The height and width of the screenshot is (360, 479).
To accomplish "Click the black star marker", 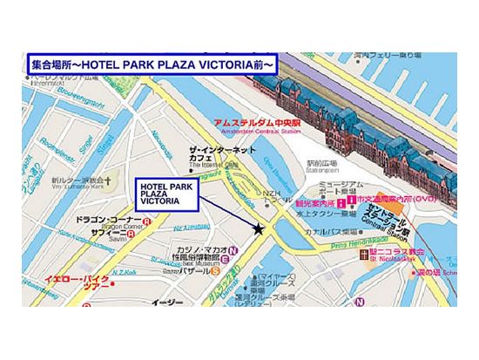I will tap(260, 229).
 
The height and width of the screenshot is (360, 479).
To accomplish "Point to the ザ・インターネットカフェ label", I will tap(222, 155).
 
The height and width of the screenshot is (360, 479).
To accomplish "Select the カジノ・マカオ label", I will tap(200, 249).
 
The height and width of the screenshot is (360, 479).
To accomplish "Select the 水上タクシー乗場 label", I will tap(325, 209).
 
